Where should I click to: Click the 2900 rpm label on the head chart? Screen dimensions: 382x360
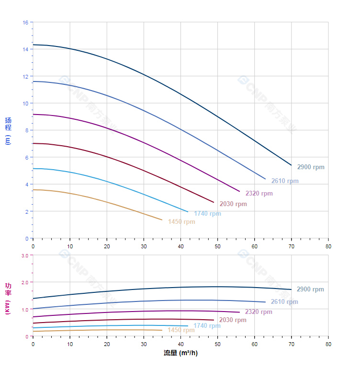pyautogui.click(x=311, y=167)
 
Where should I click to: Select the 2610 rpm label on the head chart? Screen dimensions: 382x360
pyautogui.click(x=285, y=181)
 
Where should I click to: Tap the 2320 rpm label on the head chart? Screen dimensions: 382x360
pyautogui.click(x=259, y=194)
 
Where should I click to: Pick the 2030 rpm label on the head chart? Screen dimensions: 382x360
pyautogui.click(x=233, y=204)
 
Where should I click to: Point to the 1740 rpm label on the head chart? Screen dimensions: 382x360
pyautogui.click(x=207, y=214)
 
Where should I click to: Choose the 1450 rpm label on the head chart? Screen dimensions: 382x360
pyautogui.click(x=181, y=222)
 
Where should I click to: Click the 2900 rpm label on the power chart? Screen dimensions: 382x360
pyautogui.click(x=310, y=289)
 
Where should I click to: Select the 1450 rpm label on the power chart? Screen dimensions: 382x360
pyautogui.click(x=181, y=330)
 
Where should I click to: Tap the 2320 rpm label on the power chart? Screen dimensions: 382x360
pyautogui.click(x=259, y=312)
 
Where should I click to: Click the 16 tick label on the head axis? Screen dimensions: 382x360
pyautogui.click(x=25, y=23)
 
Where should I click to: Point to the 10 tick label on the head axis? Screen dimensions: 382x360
pyautogui.click(x=25, y=104)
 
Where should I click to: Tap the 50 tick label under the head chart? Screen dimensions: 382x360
pyautogui.click(x=217, y=246)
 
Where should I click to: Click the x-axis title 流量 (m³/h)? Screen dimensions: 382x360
pyautogui.click(x=180, y=353)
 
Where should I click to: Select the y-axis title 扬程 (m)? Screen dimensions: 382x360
pyautogui.click(x=8, y=130)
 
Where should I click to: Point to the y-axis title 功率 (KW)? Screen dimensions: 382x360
pyautogui.click(x=8, y=298)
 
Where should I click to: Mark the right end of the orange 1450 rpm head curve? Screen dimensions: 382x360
pyautogui.click(x=162, y=220)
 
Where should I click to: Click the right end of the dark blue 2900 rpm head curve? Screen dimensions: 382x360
pyautogui.click(x=291, y=165)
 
